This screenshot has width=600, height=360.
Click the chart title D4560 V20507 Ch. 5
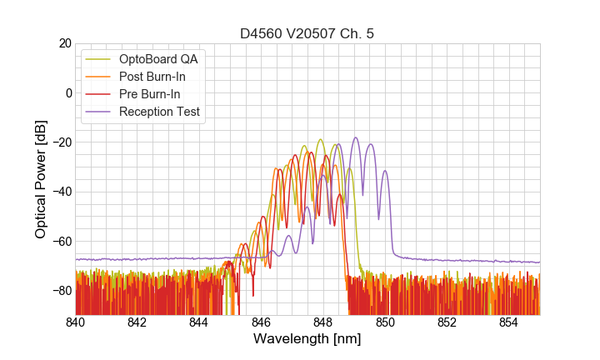[x=307, y=34]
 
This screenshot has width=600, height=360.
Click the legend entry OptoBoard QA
[x=157, y=59]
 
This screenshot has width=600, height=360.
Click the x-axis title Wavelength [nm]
[x=307, y=339]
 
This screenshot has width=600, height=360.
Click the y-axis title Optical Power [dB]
[x=41, y=179]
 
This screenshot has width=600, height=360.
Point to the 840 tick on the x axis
[x=75, y=322]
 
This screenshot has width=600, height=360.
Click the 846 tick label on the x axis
[x=261, y=322]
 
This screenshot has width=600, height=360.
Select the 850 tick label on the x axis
[x=385, y=322]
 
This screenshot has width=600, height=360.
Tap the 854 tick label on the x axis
[x=509, y=322]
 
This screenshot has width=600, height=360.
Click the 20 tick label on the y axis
[x=63, y=43]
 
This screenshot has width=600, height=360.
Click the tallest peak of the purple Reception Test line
[x=356, y=138]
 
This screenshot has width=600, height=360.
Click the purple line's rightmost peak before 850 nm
[x=384, y=171]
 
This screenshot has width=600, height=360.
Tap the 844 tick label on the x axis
[x=199, y=322]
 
